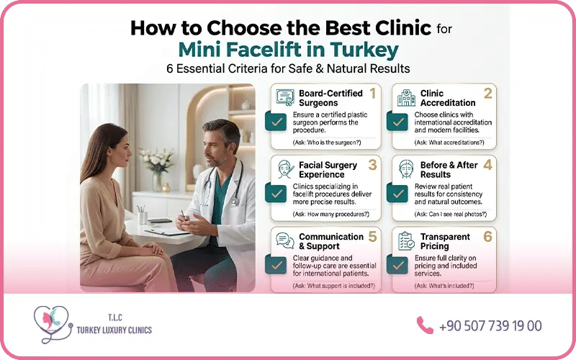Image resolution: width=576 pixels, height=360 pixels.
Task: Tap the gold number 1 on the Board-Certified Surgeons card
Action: (x=372, y=94)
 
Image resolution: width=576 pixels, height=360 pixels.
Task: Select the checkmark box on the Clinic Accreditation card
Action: (x=397, y=122)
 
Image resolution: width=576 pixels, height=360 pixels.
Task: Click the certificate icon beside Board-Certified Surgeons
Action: (x=285, y=97)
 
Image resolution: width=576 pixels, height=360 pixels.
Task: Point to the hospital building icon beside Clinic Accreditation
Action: (x=406, y=98)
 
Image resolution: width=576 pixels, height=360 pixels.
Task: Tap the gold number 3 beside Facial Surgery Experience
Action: (x=372, y=165)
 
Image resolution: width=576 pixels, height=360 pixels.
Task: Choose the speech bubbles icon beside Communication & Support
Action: (x=285, y=240)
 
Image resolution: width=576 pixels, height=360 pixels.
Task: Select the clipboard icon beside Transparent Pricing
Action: (x=406, y=241)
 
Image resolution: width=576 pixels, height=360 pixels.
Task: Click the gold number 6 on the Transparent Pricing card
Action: (x=487, y=237)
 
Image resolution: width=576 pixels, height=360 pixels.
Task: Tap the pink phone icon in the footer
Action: (x=425, y=325)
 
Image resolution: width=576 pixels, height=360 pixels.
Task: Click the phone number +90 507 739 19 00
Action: (x=490, y=326)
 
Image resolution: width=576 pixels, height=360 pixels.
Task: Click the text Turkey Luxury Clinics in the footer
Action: (x=114, y=330)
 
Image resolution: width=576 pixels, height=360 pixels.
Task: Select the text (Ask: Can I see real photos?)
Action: (x=451, y=214)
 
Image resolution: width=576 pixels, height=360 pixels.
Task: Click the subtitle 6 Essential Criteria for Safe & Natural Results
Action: (x=288, y=68)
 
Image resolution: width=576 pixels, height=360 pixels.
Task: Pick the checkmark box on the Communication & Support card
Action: (x=276, y=265)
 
